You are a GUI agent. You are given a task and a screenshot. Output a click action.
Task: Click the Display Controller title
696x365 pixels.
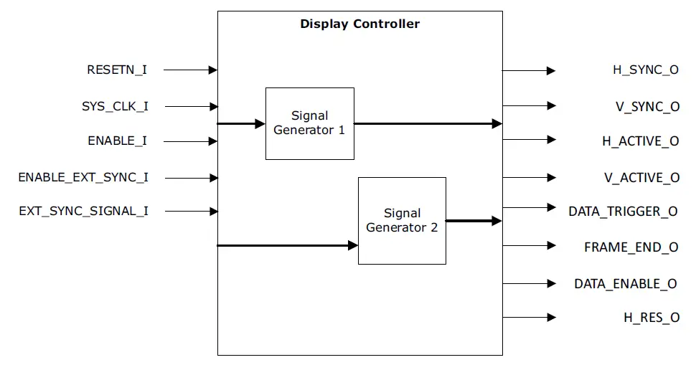click(x=359, y=24)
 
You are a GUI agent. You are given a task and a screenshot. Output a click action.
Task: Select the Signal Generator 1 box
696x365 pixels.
click(x=309, y=123)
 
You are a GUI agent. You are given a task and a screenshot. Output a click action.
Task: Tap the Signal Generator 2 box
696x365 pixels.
click(x=402, y=220)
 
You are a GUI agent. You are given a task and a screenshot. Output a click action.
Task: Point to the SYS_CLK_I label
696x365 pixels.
click(x=115, y=106)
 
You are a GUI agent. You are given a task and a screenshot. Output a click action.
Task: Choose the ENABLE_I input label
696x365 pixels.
click(x=117, y=141)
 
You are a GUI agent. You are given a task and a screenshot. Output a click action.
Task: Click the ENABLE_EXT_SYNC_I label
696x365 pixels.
click(x=83, y=177)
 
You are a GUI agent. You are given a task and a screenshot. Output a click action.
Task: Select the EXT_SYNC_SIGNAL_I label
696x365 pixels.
click(x=83, y=211)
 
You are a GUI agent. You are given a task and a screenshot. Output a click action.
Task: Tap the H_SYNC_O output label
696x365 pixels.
click(x=645, y=70)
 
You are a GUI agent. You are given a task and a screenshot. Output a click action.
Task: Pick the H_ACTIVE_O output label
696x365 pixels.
click(x=640, y=141)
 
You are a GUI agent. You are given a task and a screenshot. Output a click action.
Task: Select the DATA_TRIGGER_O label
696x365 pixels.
click(x=623, y=211)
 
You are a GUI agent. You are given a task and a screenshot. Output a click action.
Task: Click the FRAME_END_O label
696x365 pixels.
click(x=631, y=247)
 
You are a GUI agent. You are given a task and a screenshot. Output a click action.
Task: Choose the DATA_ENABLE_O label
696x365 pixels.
click(x=625, y=283)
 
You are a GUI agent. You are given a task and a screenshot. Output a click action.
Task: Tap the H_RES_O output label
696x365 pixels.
click(x=651, y=317)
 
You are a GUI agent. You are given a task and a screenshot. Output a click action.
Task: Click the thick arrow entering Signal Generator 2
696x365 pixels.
click(x=287, y=246)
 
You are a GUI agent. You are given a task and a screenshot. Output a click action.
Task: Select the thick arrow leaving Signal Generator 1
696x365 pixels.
click(x=428, y=123)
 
